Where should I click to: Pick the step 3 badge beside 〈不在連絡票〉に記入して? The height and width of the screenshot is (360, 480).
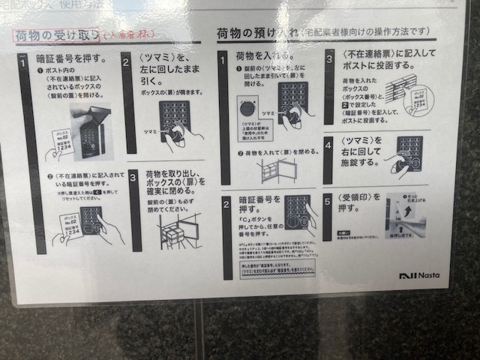pyautogui.click(x=329, y=56)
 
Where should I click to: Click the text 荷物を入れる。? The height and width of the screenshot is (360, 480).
pyautogui.click(x=259, y=55)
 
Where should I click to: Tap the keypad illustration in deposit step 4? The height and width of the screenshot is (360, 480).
pyautogui.click(x=409, y=154)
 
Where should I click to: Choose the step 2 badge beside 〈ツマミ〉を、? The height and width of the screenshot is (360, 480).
pyautogui.click(x=126, y=59)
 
